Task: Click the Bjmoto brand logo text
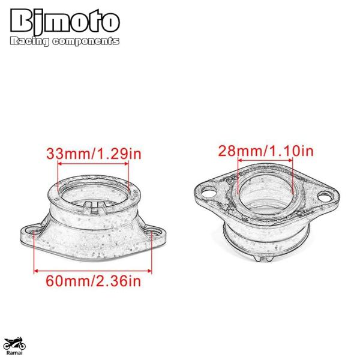click(x=65, y=22)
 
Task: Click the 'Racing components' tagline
click(x=65, y=41)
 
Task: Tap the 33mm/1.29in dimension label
click(x=94, y=154)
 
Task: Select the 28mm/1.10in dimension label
click(x=266, y=151)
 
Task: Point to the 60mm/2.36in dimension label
click(x=94, y=281)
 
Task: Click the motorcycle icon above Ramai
click(x=15, y=344)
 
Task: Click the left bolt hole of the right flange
click(x=209, y=191)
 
